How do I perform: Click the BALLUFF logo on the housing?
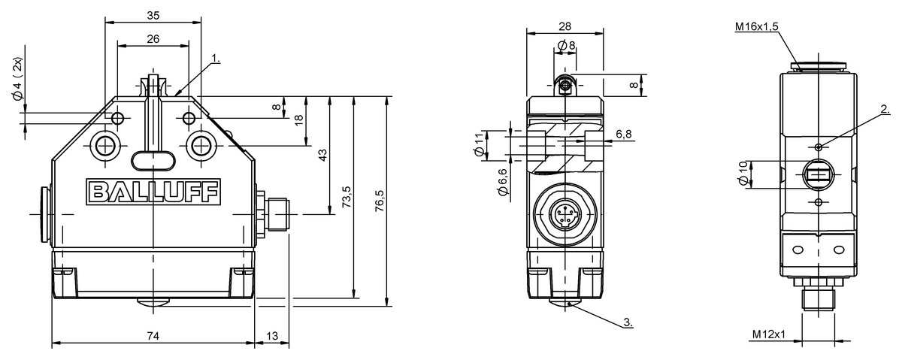153,192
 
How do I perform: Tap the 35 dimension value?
153,16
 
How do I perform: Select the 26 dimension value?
153,39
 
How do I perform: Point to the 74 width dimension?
153,336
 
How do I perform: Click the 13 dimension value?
272,336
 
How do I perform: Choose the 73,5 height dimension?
347,196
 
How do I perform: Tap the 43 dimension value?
322,156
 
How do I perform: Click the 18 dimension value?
298,120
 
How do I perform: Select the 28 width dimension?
565,26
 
